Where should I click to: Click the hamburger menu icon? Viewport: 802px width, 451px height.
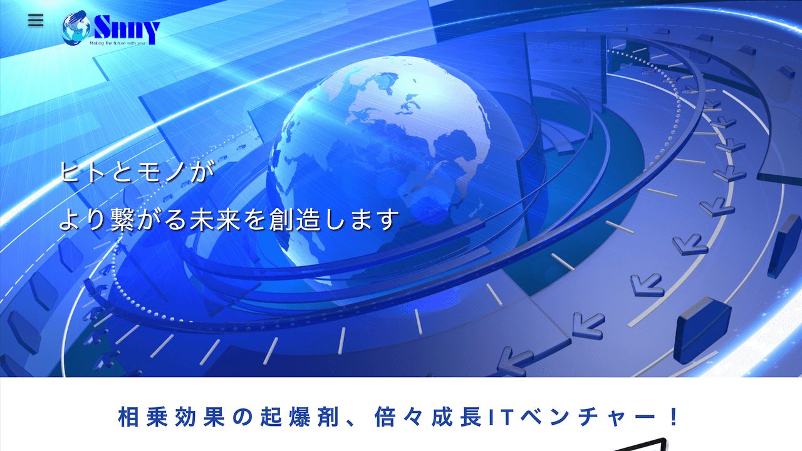click(36, 20)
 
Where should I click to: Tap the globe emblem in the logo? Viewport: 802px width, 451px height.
click(76, 29)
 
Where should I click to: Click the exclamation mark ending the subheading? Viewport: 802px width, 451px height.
click(674, 417)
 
